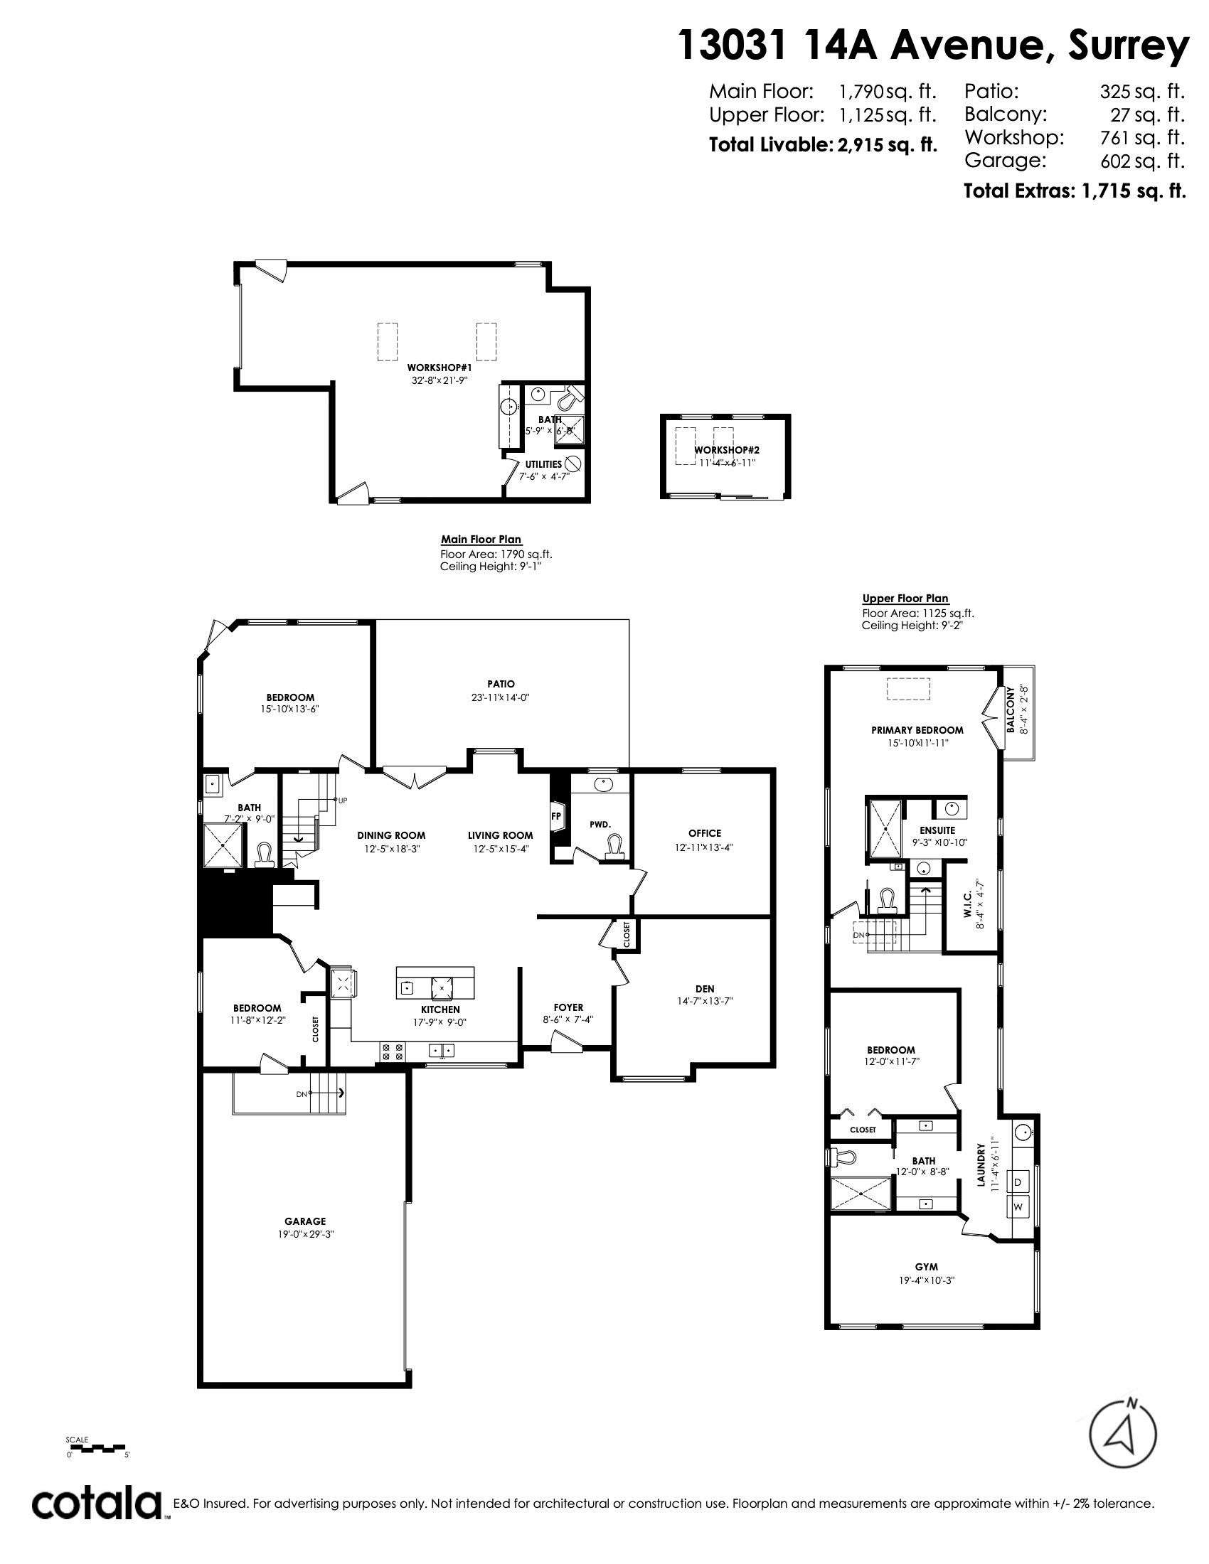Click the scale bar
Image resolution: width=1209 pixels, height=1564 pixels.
point(96,1448)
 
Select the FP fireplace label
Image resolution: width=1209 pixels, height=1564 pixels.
point(555,815)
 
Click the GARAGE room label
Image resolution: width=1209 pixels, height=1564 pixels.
point(304,1221)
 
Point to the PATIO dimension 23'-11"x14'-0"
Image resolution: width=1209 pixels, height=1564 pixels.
point(501,697)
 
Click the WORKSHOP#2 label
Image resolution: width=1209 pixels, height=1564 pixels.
point(726,450)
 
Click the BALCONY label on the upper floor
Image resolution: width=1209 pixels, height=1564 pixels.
point(1011,709)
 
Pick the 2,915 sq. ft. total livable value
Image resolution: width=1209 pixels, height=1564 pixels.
point(887,144)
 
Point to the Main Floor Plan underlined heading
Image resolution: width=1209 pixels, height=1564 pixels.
point(481,540)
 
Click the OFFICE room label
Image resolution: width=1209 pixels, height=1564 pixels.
point(704,833)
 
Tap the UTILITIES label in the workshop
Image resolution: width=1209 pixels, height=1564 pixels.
point(543,464)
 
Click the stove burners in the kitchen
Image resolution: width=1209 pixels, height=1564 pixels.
point(392,1051)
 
